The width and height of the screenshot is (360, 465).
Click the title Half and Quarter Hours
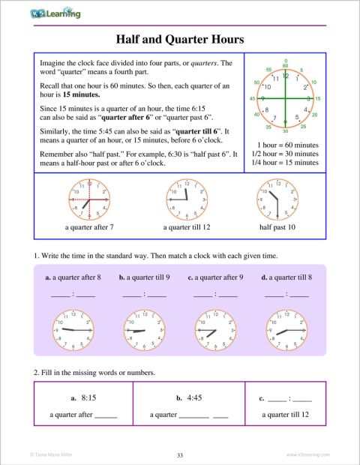(180, 38)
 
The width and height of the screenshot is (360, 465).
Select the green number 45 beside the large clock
(253, 99)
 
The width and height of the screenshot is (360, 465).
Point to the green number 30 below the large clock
(286, 132)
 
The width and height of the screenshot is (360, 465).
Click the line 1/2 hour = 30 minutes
(285, 154)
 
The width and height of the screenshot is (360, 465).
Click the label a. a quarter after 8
(73, 277)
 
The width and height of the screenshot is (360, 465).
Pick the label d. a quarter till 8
(286, 277)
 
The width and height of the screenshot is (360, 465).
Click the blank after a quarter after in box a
(106, 415)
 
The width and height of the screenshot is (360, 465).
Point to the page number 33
(180, 454)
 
